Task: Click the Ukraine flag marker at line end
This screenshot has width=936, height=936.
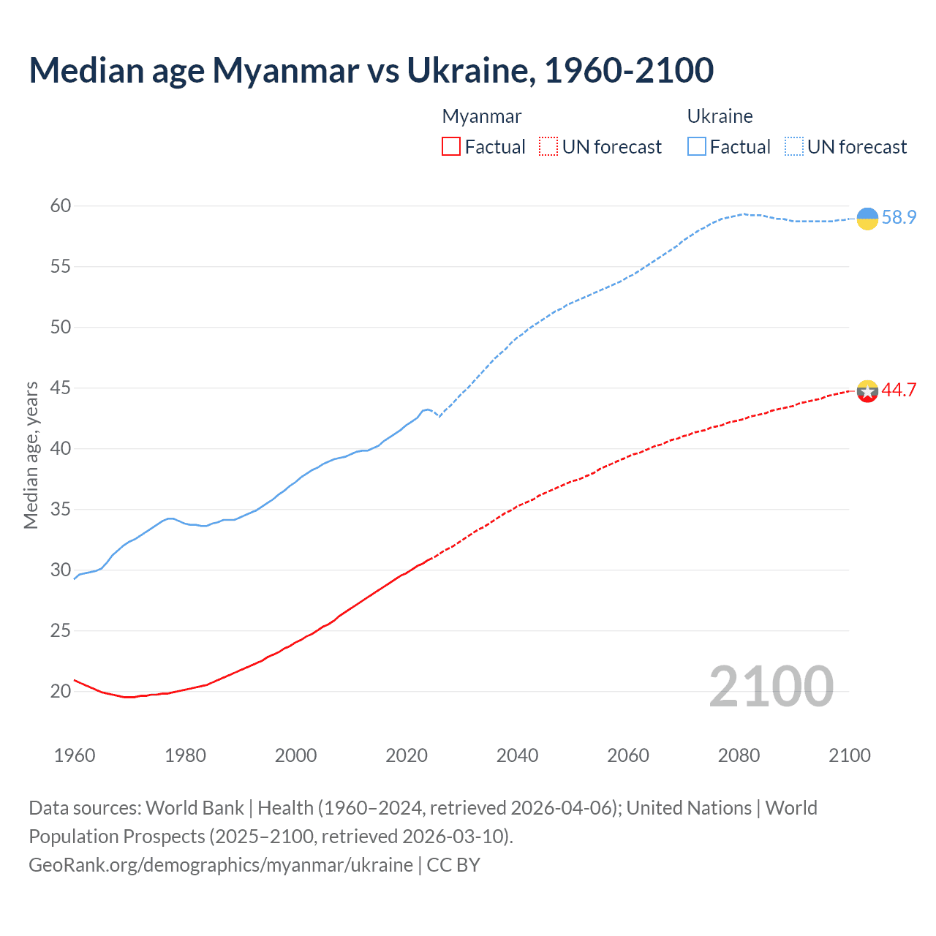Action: click(867, 219)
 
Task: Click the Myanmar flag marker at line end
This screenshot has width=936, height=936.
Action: click(867, 391)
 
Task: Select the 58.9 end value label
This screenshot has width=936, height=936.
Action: click(899, 217)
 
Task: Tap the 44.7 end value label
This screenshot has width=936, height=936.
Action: click(899, 390)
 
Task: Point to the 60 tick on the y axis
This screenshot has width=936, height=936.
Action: click(61, 205)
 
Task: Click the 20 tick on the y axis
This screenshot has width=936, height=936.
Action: click(61, 691)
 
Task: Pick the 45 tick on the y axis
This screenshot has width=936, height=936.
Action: click(61, 388)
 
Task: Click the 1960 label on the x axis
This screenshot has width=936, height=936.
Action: click(75, 755)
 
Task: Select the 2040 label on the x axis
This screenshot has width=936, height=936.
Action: click(517, 755)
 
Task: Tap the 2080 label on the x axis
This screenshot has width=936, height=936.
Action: click(739, 755)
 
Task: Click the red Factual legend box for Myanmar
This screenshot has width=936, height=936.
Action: click(451, 147)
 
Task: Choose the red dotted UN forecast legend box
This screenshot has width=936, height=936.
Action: click(548, 147)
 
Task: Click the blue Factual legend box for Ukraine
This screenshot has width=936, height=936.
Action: click(697, 147)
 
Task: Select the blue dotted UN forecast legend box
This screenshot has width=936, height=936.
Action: click(794, 147)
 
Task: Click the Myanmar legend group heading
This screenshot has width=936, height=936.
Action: click(482, 116)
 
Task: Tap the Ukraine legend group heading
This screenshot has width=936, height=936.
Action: click(720, 116)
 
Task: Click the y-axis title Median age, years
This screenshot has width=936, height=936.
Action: click(31, 455)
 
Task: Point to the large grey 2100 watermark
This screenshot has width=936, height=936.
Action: click(771, 686)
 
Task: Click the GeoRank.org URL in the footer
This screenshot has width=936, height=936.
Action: click(221, 865)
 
